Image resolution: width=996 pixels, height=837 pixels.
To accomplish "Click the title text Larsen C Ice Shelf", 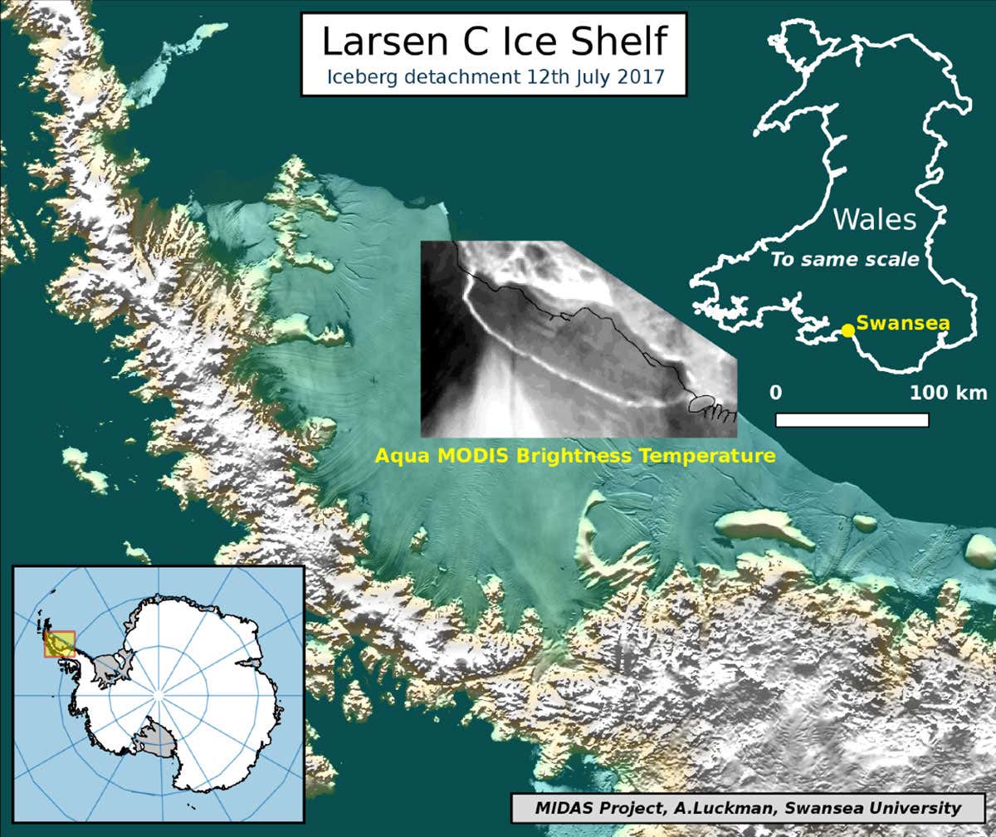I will coord(493,42).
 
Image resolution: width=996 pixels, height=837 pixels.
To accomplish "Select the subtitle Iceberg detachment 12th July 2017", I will coord(493,78).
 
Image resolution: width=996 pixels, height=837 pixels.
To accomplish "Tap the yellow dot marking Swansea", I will coord(847,330).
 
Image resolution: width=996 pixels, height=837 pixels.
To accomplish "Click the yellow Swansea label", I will coord(902,322).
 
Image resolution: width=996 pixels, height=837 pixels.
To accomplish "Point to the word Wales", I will coord(875,220).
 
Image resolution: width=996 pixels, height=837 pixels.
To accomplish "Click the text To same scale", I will coord(845,259).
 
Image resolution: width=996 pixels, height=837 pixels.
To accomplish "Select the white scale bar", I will coord(852,419).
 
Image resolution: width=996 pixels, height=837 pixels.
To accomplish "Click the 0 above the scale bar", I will coord(775,392).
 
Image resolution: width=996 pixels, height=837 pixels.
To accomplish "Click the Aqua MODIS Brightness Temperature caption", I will coord(575,456).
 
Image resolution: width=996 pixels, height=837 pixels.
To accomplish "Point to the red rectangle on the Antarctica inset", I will coord(59,644).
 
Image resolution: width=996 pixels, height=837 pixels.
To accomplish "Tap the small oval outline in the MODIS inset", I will coord(702,404).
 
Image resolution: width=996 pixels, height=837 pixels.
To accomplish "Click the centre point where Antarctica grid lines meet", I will coord(160,693).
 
